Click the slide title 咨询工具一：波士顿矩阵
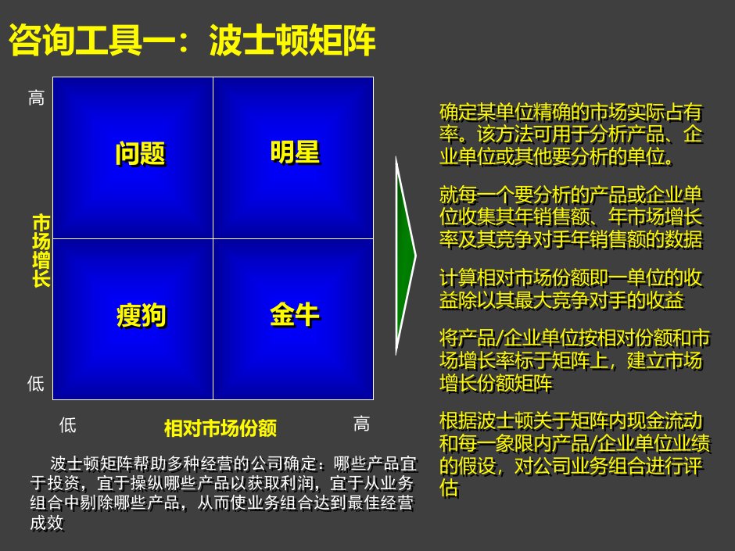[192, 40]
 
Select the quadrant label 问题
[141, 153]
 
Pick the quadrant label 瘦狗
[141, 315]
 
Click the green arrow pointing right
[406, 256]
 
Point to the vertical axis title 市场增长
[41, 251]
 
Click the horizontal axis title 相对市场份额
[220, 428]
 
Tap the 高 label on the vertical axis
[36, 98]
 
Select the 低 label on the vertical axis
[36, 383]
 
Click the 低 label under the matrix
[68, 424]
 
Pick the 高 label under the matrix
[361, 424]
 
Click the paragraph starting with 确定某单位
[571, 134]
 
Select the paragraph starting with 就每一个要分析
[571, 217]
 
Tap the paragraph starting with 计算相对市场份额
[571, 289]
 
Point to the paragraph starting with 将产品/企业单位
[575, 360]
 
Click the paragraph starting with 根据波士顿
[575, 454]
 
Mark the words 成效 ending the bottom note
[47, 523]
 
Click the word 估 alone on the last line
[449, 488]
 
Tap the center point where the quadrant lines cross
[213, 238]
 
